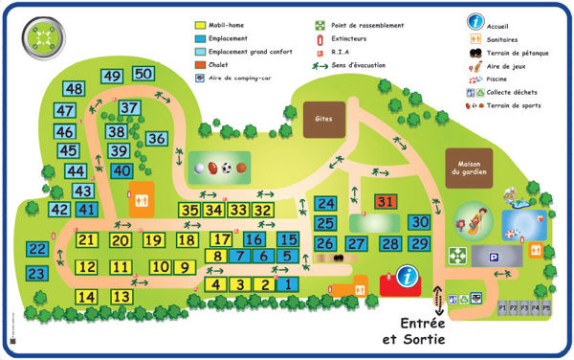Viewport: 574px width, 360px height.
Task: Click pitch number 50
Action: [x=143, y=74]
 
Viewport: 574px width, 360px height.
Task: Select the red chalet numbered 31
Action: [x=385, y=202]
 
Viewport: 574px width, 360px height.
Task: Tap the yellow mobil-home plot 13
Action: [x=121, y=297]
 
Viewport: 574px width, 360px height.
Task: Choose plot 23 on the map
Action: [x=36, y=274]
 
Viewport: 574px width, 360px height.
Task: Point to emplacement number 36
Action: [x=157, y=139]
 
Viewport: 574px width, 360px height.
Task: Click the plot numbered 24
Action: [x=325, y=203]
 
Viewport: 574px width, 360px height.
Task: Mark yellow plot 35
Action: [x=189, y=210]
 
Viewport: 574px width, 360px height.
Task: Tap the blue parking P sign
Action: [x=494, y=257]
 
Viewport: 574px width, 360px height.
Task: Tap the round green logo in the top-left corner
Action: [x=40, y=35]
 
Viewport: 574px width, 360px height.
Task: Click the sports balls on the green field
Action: [x=220, y=169]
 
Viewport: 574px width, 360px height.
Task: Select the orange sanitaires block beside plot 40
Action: [x=141, y=198]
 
